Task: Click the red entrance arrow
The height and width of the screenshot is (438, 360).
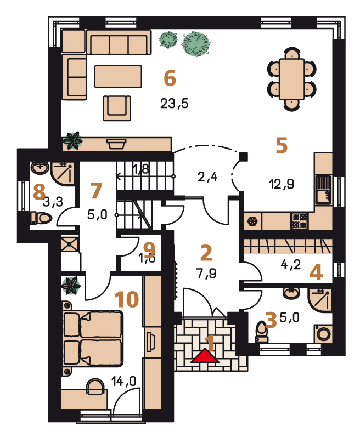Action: click(x=205, y=356)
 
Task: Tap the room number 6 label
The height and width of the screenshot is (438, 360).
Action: click(x=170, y=78)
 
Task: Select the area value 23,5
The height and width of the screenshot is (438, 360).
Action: click(x=175, y=104)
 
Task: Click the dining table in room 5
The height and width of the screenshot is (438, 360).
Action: click(x=292, y=79)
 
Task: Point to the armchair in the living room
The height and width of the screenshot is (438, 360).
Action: click(x=117, y=108)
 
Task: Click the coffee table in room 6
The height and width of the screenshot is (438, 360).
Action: click(x=118, y=76)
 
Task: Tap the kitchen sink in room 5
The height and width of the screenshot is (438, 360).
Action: click(x=323, y=190)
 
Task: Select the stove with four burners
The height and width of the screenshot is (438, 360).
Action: click(x=300, y=221)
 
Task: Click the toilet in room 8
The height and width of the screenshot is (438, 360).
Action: click(x=41, y=218)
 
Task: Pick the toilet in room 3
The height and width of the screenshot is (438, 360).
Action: click(x=262, y=332)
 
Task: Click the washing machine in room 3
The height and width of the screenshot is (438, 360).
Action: click(x=323, y=333)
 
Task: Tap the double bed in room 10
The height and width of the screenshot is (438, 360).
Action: click(x=92, y=338)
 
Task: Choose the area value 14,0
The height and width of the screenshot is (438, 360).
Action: click(x=123, y=381)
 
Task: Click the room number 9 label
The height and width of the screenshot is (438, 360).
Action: click(x=149, y=247)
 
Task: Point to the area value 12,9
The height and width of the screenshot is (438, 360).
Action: click(x=282, y=184)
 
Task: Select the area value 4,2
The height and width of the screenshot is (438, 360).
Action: click(x=291, y=264)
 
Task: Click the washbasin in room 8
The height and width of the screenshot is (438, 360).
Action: click(x=40, y=168)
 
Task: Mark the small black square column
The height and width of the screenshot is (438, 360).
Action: click(x=244, y=157)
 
